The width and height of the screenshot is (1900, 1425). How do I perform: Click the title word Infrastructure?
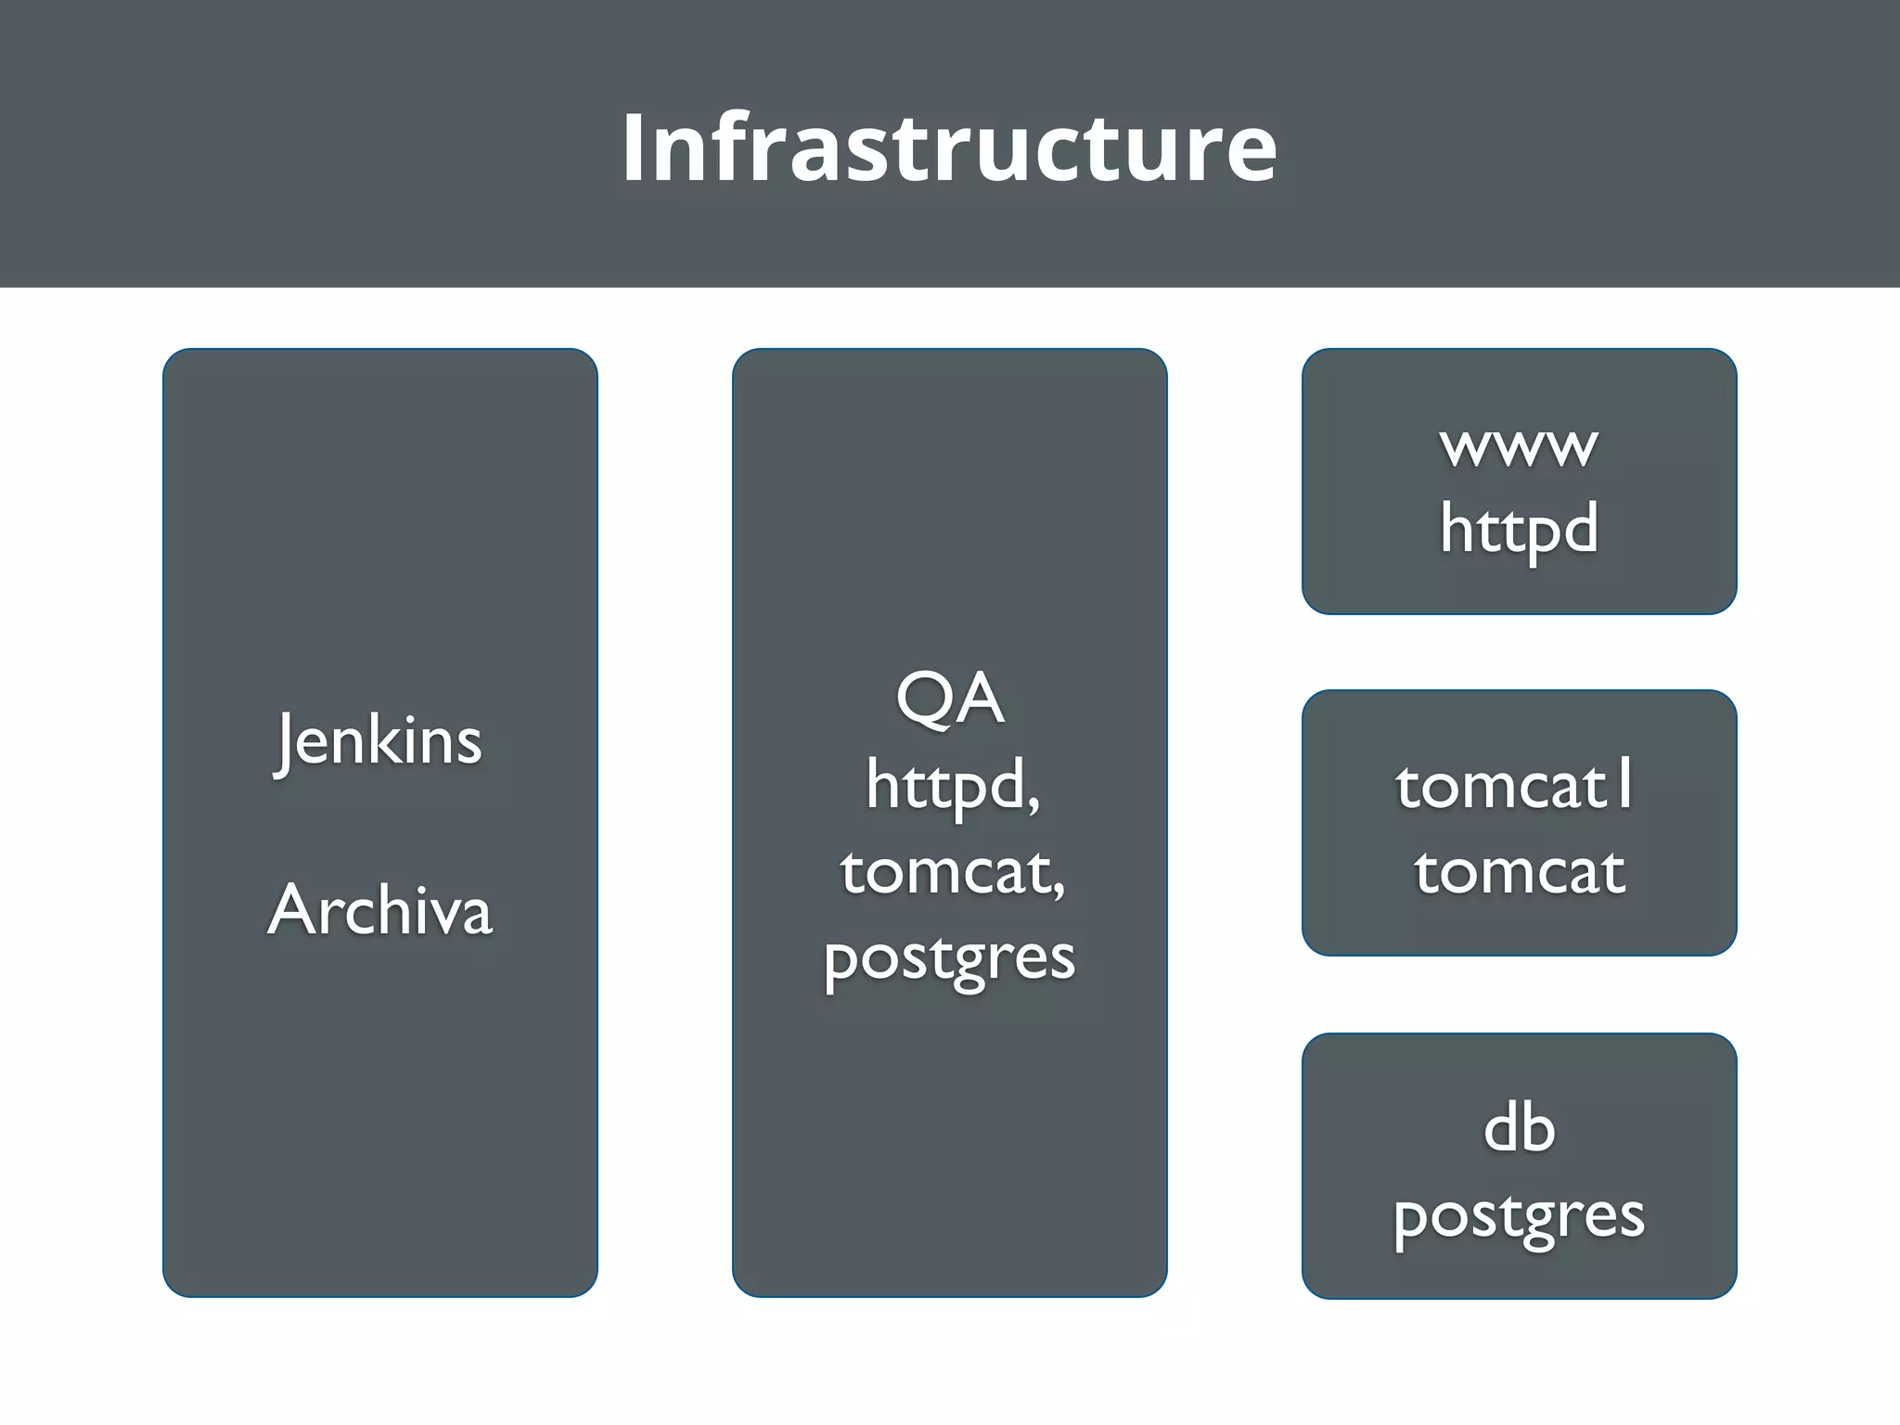[949, 147]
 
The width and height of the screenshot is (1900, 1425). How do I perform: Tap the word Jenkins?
[379, 740]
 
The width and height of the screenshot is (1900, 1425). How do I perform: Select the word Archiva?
[379, 910]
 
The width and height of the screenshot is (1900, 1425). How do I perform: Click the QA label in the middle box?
[949, 699]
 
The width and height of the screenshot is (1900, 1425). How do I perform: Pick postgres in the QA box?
[949, 958]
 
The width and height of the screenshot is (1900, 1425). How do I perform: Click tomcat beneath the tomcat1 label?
[1519, 872]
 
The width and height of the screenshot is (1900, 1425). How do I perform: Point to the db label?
[1519, 1129]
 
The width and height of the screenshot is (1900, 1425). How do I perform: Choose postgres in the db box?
[1519, 1216]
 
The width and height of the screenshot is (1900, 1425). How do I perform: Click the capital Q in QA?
[924, 700]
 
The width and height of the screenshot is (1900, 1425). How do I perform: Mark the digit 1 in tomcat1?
[1624, 782]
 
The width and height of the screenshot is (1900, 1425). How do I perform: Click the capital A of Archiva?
[295, 909]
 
